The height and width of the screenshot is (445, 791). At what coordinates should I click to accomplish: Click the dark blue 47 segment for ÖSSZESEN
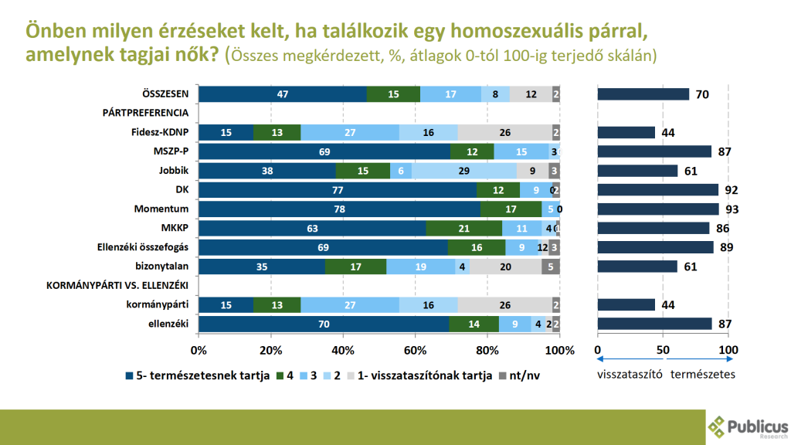(283, 94)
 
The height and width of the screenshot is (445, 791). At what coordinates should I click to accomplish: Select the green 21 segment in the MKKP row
(464, 228)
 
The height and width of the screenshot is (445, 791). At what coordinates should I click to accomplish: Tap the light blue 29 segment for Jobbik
(464, 170)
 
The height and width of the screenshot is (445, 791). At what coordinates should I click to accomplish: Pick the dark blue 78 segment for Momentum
(339, 209)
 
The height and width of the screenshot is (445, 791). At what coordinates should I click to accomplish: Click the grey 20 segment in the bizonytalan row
(505, 267)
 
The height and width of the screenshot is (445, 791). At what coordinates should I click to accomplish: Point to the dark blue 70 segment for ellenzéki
(324, 324)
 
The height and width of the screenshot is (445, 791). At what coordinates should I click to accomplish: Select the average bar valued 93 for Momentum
(658, 209)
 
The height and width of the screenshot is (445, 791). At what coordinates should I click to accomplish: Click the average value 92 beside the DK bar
(726, 189)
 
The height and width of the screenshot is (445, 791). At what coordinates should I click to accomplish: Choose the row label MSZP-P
(173, 151)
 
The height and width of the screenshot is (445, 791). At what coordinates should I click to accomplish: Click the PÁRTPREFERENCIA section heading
(146, 113)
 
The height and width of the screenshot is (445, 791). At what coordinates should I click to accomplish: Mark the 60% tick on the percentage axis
(416, 350)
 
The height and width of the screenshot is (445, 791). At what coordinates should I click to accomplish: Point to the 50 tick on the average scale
(663, 350)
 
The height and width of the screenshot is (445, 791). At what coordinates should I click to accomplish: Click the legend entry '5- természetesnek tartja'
(196, 376)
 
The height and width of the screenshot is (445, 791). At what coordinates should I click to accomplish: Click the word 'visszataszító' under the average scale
(630, 375)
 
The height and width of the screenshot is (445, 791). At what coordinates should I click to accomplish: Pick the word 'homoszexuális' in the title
(511, 32)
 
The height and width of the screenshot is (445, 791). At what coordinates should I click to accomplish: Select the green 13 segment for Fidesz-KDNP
(277, 132)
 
